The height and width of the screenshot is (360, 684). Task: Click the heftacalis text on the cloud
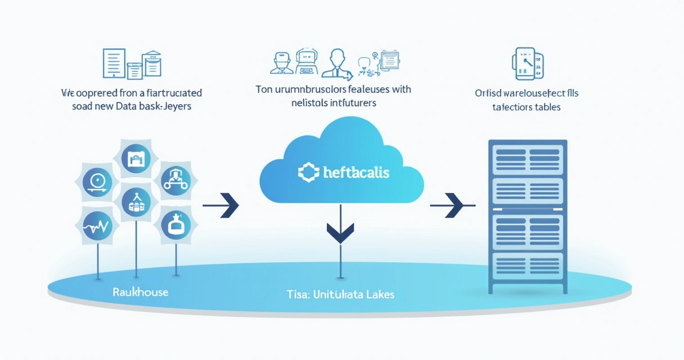[357, 172]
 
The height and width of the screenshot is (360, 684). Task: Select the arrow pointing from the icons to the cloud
[222, 206]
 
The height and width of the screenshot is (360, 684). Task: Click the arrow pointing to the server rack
[452, 206]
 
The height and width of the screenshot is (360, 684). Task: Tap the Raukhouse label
[140, 292]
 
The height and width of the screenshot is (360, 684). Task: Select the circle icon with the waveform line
[97, 227]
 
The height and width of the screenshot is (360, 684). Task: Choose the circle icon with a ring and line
[98, 182]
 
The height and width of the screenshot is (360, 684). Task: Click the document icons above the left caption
[132, 64]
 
